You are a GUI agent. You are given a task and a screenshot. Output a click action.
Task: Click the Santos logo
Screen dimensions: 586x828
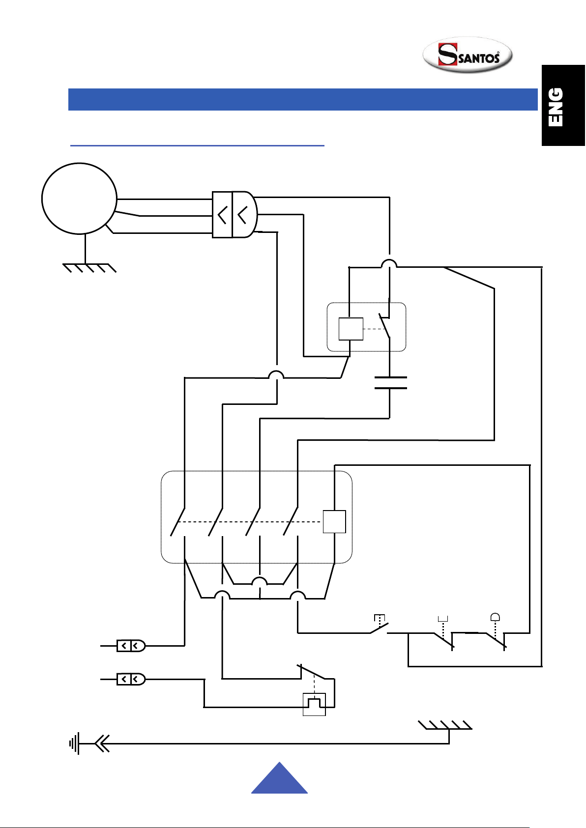coord(468,55)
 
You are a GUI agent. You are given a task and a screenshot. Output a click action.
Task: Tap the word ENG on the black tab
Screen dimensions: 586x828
coord(556,107)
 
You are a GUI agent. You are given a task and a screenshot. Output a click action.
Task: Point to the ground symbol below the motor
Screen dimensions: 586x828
coord(89,268)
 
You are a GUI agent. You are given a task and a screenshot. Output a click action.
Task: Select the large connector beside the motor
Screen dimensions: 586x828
coord(235,214)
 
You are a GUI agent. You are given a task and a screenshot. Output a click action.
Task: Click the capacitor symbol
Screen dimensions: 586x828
coord(390,383)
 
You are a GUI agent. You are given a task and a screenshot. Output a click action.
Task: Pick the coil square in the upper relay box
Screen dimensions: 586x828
coord(351,329)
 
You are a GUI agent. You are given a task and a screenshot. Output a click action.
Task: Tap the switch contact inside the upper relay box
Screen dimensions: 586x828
coord(384,325)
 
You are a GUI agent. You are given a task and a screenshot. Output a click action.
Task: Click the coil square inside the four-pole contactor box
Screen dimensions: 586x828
coord(334,521)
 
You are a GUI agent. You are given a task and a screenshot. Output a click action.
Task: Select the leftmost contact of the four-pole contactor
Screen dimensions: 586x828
coord(177,522)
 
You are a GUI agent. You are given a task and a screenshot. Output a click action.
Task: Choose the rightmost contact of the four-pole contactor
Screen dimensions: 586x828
coord(291,521)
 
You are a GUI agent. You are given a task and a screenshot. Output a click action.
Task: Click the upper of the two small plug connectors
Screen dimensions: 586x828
coord(131,646)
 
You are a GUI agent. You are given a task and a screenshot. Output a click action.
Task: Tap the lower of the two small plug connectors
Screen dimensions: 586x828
coord(131,679)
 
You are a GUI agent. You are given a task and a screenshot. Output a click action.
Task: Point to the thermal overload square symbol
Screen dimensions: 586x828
coord(314,705)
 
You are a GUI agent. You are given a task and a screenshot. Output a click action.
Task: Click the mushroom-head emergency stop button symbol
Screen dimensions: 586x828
coord(495,617)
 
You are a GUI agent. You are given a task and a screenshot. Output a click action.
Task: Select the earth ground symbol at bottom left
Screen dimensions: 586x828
coord(74,743)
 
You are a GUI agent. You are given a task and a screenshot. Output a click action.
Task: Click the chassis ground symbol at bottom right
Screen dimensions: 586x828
coord(445,725)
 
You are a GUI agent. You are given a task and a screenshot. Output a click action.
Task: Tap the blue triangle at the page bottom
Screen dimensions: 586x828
coord(280,778)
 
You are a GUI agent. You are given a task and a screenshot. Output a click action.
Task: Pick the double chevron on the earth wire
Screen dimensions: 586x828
coord(102,743)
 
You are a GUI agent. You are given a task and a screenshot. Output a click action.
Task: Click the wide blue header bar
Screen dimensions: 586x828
coord(303,99)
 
